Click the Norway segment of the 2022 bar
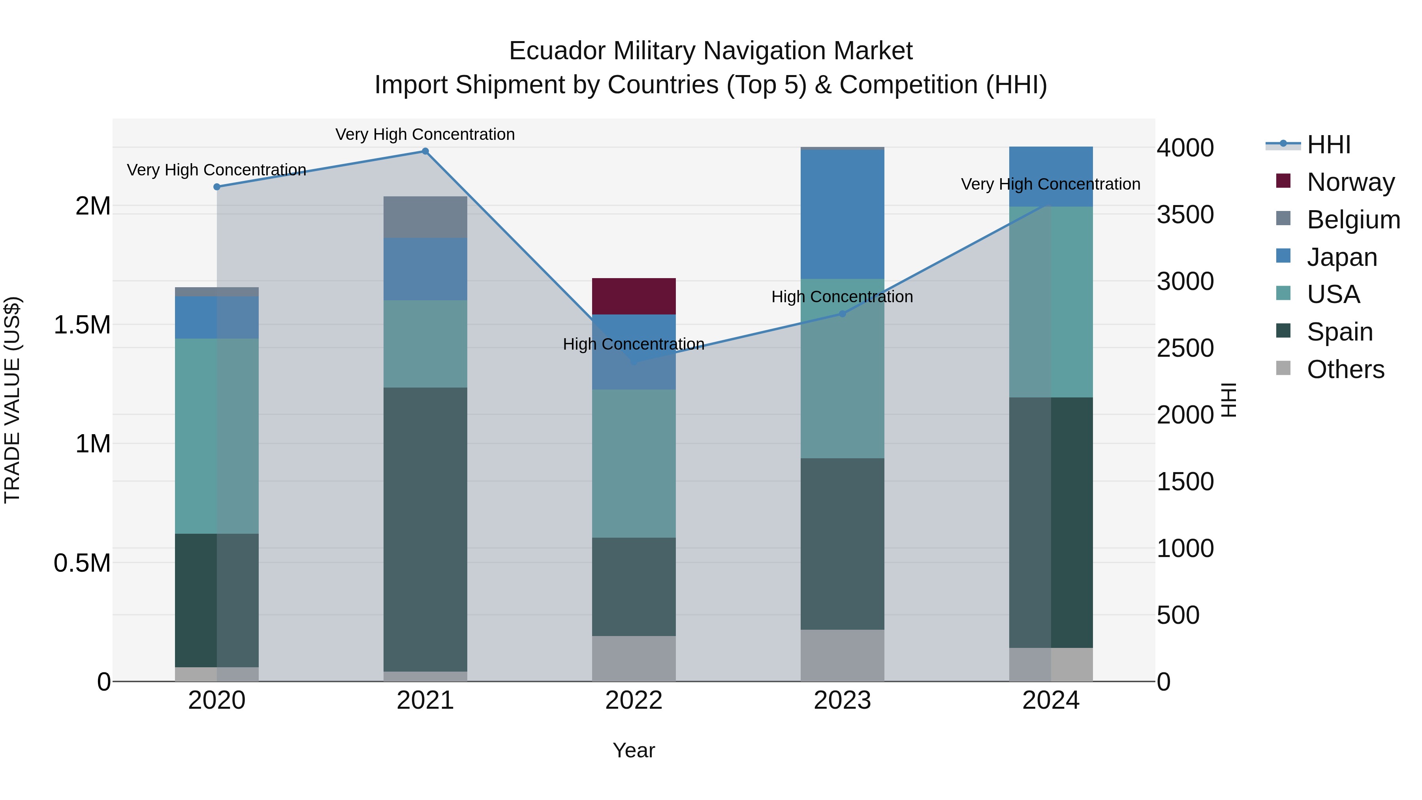tap(634, 296)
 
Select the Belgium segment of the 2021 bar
tap(425, 217)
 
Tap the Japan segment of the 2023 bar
tap(843, 214)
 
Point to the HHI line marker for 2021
tap(425, 151)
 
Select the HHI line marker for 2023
tap(843, 314)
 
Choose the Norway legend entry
tap(1350, 182)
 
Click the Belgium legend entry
tap(1353, 220)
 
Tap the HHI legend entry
tap(1328, 145)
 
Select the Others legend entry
tap(1345, 369)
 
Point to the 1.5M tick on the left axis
tap(82, 325)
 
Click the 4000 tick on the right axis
tap(1185, 148)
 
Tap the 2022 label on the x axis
tap(634, 700)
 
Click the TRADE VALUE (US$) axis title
tap(12, 400)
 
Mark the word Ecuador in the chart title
tap(557, 51)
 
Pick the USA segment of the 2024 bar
tap(1051, 302)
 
